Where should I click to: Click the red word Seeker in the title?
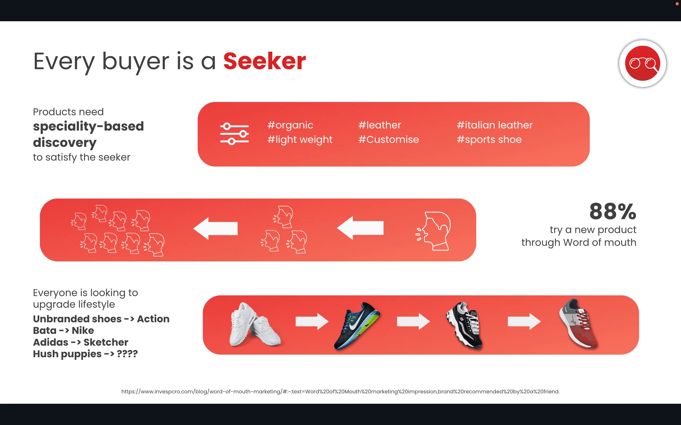coord(265,61)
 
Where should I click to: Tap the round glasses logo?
coord(642,64)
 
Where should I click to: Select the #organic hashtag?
coord(290,125)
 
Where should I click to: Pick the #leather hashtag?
coord(380,125)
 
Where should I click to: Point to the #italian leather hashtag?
coord(495,125)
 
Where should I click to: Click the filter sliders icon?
coord(234,134)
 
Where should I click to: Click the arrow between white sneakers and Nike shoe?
coord(312,321)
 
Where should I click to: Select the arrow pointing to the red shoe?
coord(524,321)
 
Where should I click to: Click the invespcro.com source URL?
coord(340,391)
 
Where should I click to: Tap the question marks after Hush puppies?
coord(127,354)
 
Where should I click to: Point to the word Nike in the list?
coord(83,331)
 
